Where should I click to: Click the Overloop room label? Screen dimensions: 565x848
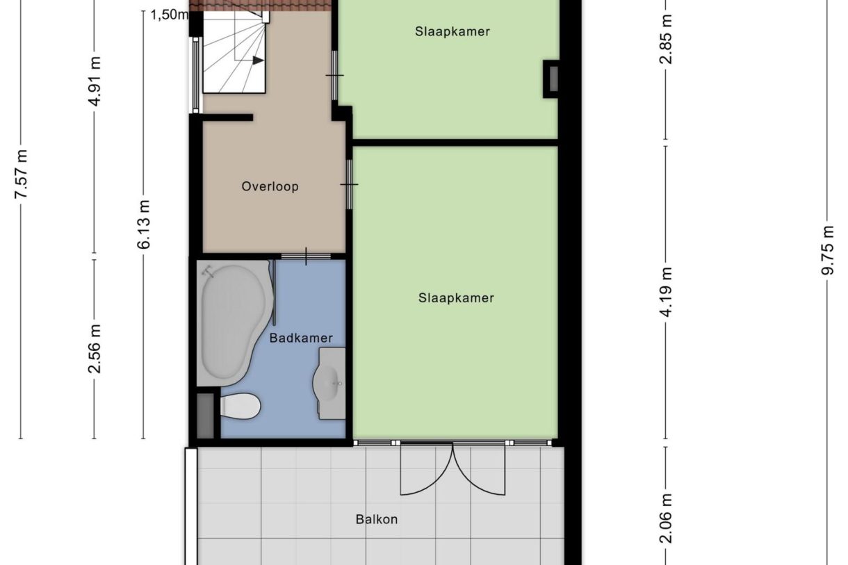270,186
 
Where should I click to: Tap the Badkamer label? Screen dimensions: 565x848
301,338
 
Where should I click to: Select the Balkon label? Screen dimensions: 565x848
377,519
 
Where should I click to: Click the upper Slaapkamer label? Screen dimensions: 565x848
452,31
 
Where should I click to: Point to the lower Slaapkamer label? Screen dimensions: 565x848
456,298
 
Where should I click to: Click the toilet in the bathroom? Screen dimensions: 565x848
240,406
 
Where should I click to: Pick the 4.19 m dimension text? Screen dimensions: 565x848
666,292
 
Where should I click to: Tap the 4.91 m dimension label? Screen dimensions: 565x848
95,81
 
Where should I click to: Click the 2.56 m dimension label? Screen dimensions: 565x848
95,348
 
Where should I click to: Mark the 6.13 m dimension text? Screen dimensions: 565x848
143,224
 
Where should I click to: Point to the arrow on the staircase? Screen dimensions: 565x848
257,60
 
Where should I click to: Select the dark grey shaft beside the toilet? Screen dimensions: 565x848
206,416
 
